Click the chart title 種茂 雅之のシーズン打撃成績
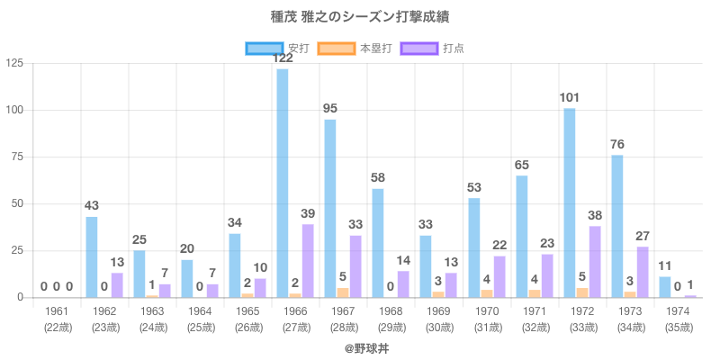359,17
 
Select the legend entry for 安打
278,48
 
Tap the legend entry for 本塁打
357,48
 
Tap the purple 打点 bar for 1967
355,265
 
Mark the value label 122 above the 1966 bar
283,58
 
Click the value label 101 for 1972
570,97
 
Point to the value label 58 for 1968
378,177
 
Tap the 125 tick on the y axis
14,63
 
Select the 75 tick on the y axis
18,157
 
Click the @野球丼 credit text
359,347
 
